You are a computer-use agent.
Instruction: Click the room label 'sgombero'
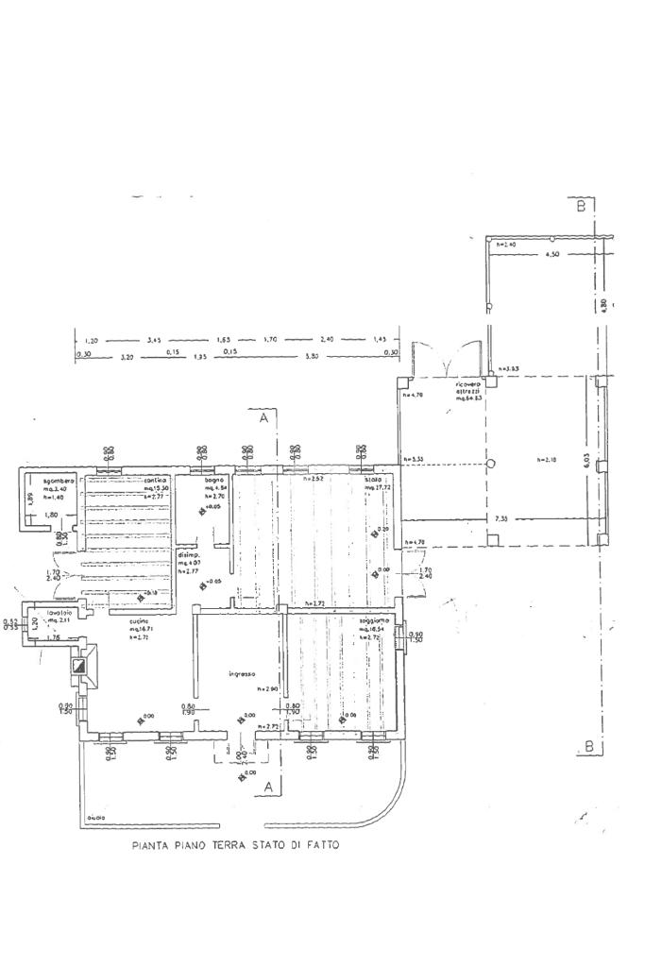click(45, 480)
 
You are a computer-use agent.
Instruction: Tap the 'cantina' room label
click(156, 481)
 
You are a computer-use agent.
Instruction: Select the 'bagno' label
click(213, 481)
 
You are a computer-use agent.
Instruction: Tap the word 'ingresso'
click(243, 674)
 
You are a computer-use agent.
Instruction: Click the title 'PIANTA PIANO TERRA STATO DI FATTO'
click(235, 846)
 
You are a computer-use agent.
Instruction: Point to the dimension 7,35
click(499, 519)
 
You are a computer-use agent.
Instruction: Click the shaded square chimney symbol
click(82, 665)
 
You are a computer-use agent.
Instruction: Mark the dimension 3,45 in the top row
click(153, 339)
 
